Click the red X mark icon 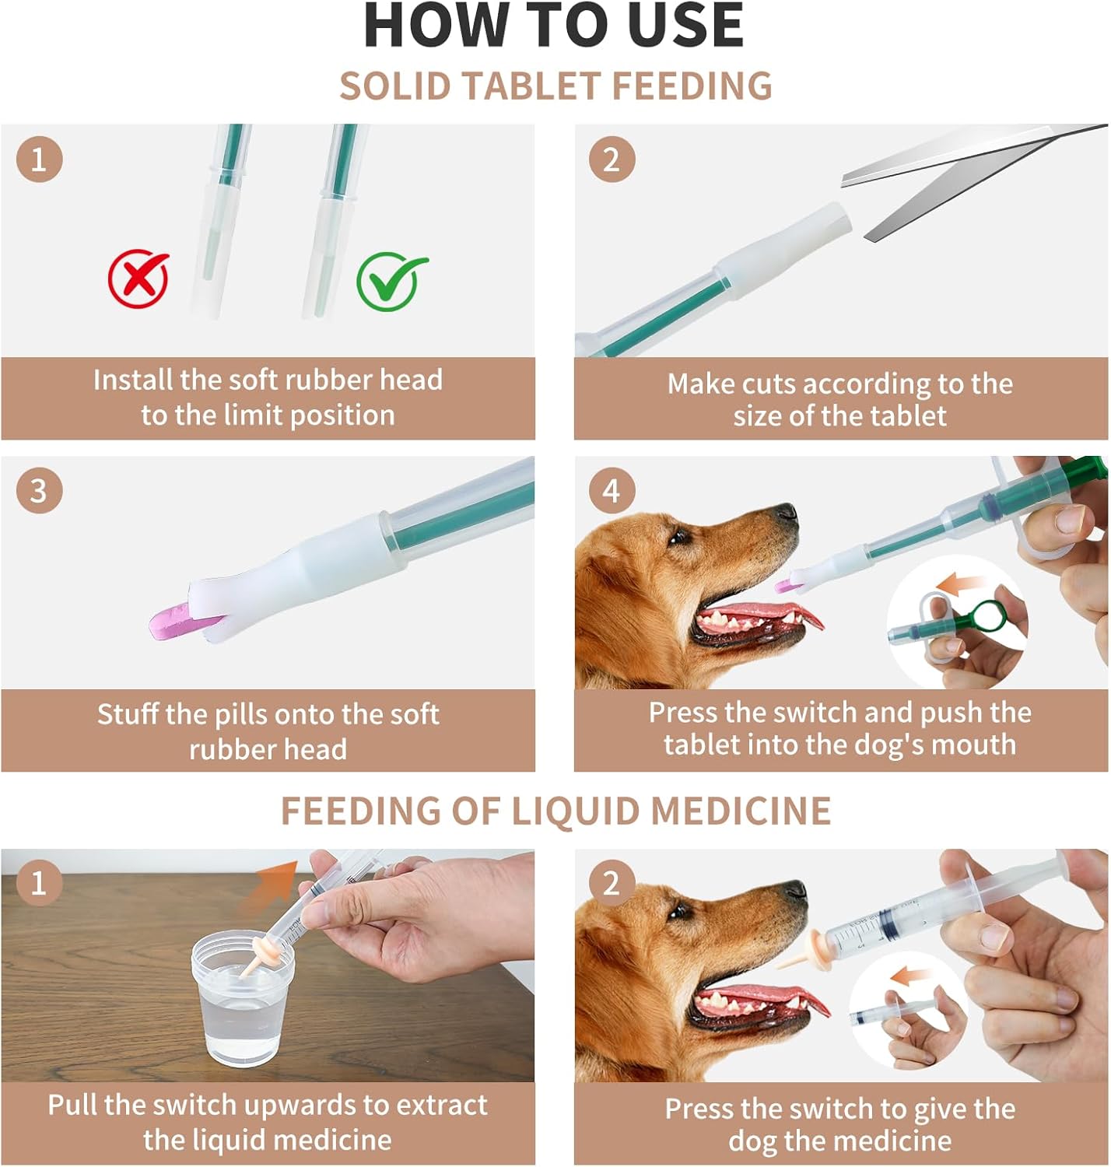point(138,279)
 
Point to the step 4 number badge point(612,491)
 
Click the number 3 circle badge point(39,491)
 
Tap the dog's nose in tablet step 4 point(787,511)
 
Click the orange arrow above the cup point(270,886)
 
